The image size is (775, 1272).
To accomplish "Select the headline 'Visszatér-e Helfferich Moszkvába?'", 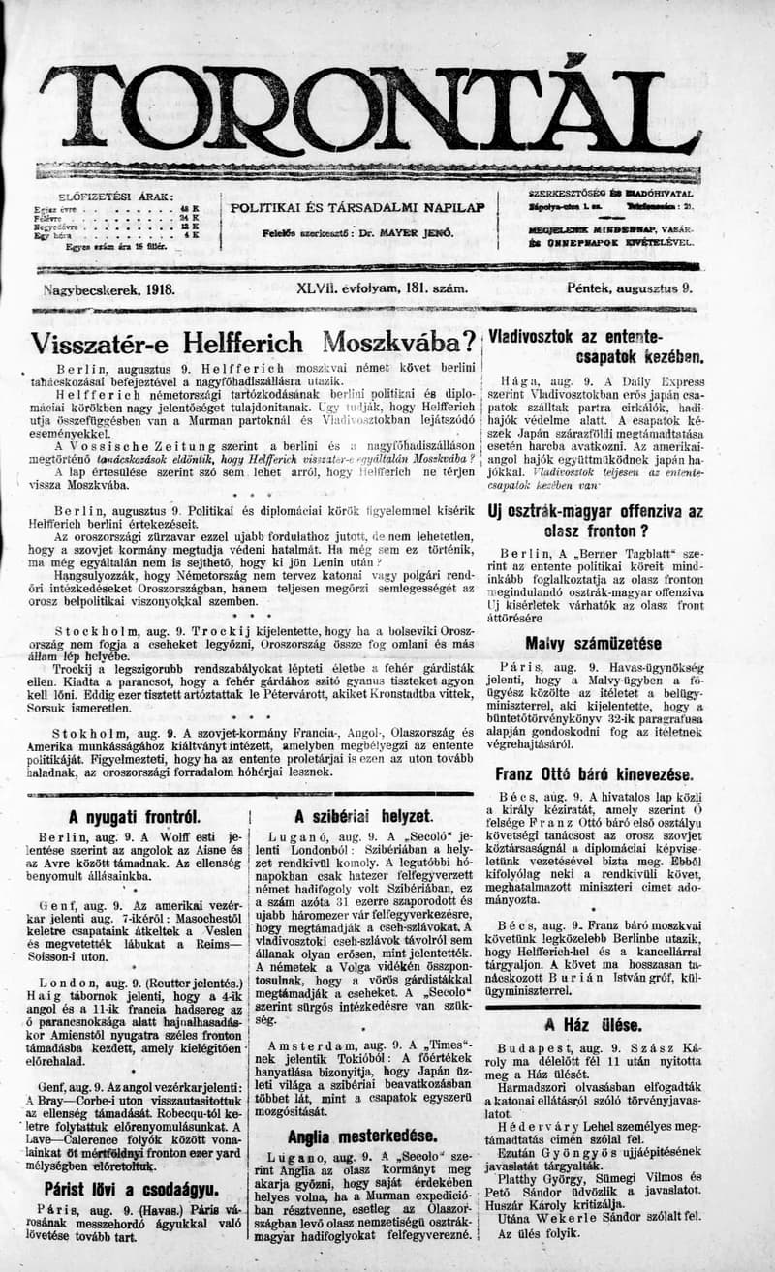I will (x=253, y=344).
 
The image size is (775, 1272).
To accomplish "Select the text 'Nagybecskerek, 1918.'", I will (x=108, y=288).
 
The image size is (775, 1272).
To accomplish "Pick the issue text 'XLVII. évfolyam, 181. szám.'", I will (x=383, y=288).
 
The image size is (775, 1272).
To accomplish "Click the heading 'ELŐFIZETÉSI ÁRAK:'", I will (x=116, y=197).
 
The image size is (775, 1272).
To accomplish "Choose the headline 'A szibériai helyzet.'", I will (x=363, y=816).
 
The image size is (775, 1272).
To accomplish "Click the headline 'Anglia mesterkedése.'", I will (x=362, y=1136).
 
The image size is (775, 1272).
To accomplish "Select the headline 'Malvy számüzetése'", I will (x=593, y=643).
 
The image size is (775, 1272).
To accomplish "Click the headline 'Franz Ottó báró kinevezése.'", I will (x=593, y=774).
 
